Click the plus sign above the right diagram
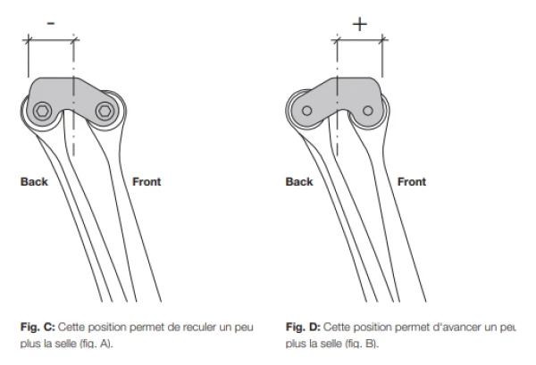(359, 23)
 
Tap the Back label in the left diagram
(33, 182)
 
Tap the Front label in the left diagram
(147, 182)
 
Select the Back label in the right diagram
(299, 182)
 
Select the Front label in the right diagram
(411, 182)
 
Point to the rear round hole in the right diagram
(306, 111)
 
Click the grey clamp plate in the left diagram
(71, 94)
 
